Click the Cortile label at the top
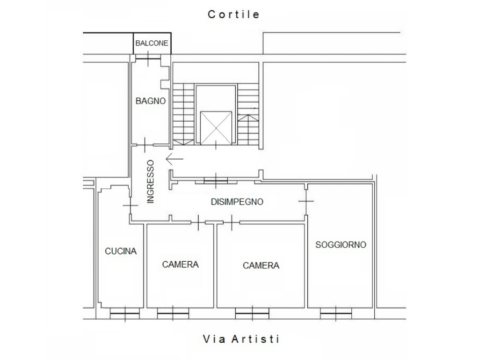click(x=234, y=15)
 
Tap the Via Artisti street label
click(x=241, y=339)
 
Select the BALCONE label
click(x=152, y=43)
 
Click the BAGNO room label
click(x=151, y=101)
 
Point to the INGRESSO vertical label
click(x=151, y=182)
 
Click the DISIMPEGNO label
click(x=237, y=202)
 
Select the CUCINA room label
click(x=121, y=251)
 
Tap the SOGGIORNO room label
click(x=341, y=245)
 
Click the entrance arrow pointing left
click(x=174, y=159)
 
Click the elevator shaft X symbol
click(x=216, y=128)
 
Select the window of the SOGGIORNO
click(x=336, y=314)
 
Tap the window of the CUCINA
click(x=124, y=314)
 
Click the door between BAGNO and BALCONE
click(x=148, y=59)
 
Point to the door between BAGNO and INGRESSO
click(x=145, y=145)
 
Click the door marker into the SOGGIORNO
click(x=306, y=201)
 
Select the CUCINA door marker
click(x=131, y=205)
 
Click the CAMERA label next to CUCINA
click(x=180, y=264)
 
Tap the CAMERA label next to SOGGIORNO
click(x=261, y=265)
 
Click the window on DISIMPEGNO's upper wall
click(x=216, y=181)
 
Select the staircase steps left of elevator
click(x=183, y=114)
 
